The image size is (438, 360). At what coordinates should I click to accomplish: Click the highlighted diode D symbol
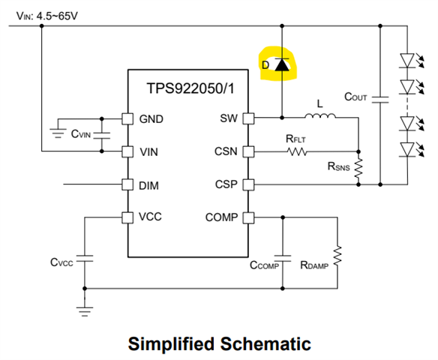pos(282,64)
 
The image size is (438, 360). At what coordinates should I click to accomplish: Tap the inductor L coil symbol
pos(320,115)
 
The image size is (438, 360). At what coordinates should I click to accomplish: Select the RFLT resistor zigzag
pos(297,151)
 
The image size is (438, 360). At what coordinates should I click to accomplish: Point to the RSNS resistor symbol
pos(358,168)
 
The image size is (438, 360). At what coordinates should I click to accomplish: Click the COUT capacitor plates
pos(380,100)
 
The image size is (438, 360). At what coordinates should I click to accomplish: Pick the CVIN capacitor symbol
pos(102,135)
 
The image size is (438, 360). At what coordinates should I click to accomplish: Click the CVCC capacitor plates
pos(85,258)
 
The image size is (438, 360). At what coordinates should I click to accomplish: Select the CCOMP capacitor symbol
pos(283,258)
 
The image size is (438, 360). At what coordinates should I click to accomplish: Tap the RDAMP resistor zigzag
pos(337,256)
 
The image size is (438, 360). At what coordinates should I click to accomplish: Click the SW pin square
pos(248,118)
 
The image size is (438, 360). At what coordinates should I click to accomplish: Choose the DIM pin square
pos(127,184)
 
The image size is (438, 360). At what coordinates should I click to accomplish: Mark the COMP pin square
pos(248,217)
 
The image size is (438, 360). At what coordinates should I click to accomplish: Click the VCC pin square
pos(127,217)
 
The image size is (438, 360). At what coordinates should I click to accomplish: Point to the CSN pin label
pos(226,151)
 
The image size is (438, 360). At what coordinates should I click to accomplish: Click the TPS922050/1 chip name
pos(190,88)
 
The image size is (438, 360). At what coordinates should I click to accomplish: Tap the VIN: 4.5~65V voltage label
pos(47,16)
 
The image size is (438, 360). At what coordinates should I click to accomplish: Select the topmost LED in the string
pos(407,61)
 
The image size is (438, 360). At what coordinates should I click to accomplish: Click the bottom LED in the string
pos(407,149)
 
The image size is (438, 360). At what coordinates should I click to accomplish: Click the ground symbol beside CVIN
pos(58,133)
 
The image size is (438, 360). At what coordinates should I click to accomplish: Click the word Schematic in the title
pos(265,343)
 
